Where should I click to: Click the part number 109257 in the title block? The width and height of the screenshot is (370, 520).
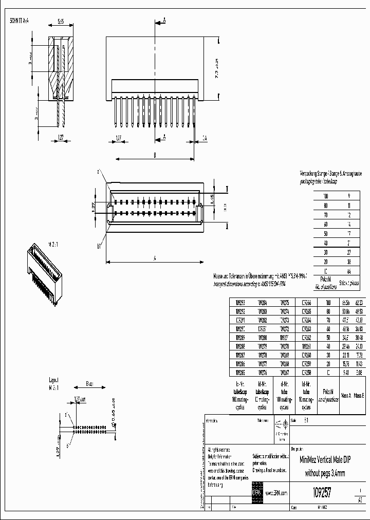pyautogui.click(x=322, y=493)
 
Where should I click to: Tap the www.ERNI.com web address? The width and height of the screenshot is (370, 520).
pyautogui.click(x=275, y=493)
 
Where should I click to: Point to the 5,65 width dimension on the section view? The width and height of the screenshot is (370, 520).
pyautogui.click(x=60, y=22)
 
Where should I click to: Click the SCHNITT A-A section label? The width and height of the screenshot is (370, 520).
pyautogui.click(x=24, y=21)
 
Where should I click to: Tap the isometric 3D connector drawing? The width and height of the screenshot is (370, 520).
pyautogui.click(x=43, y=269)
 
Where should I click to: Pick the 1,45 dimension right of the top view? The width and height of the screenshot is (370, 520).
pyautogui.click(x=212, y=199)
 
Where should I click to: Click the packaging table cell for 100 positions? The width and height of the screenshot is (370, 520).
pyautogui.click(x=325, y=196)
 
